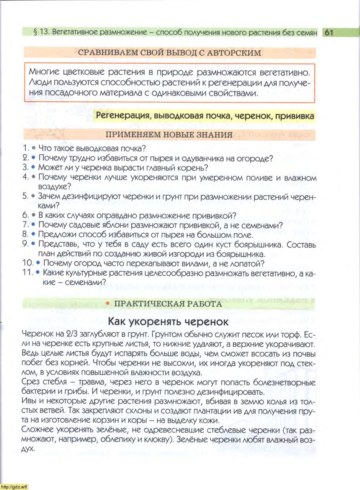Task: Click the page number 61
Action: click(x=329, y=33)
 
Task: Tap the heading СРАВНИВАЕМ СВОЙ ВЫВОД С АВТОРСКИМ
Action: click(x=169, y=53)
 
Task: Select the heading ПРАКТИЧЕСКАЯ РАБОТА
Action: click(x=168, y=304)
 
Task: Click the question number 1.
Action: click(x=25, y=148)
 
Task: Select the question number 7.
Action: click(x=25, y=225)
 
